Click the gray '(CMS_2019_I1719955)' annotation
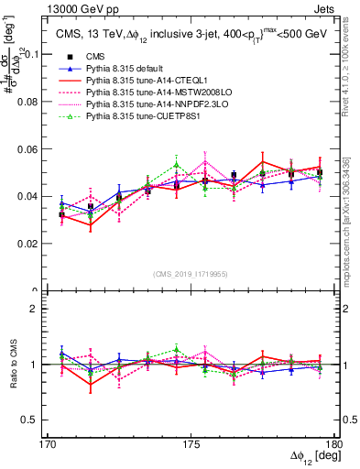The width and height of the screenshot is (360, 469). (x=191, y=274)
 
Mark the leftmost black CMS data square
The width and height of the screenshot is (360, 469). (x=61, y=214)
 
